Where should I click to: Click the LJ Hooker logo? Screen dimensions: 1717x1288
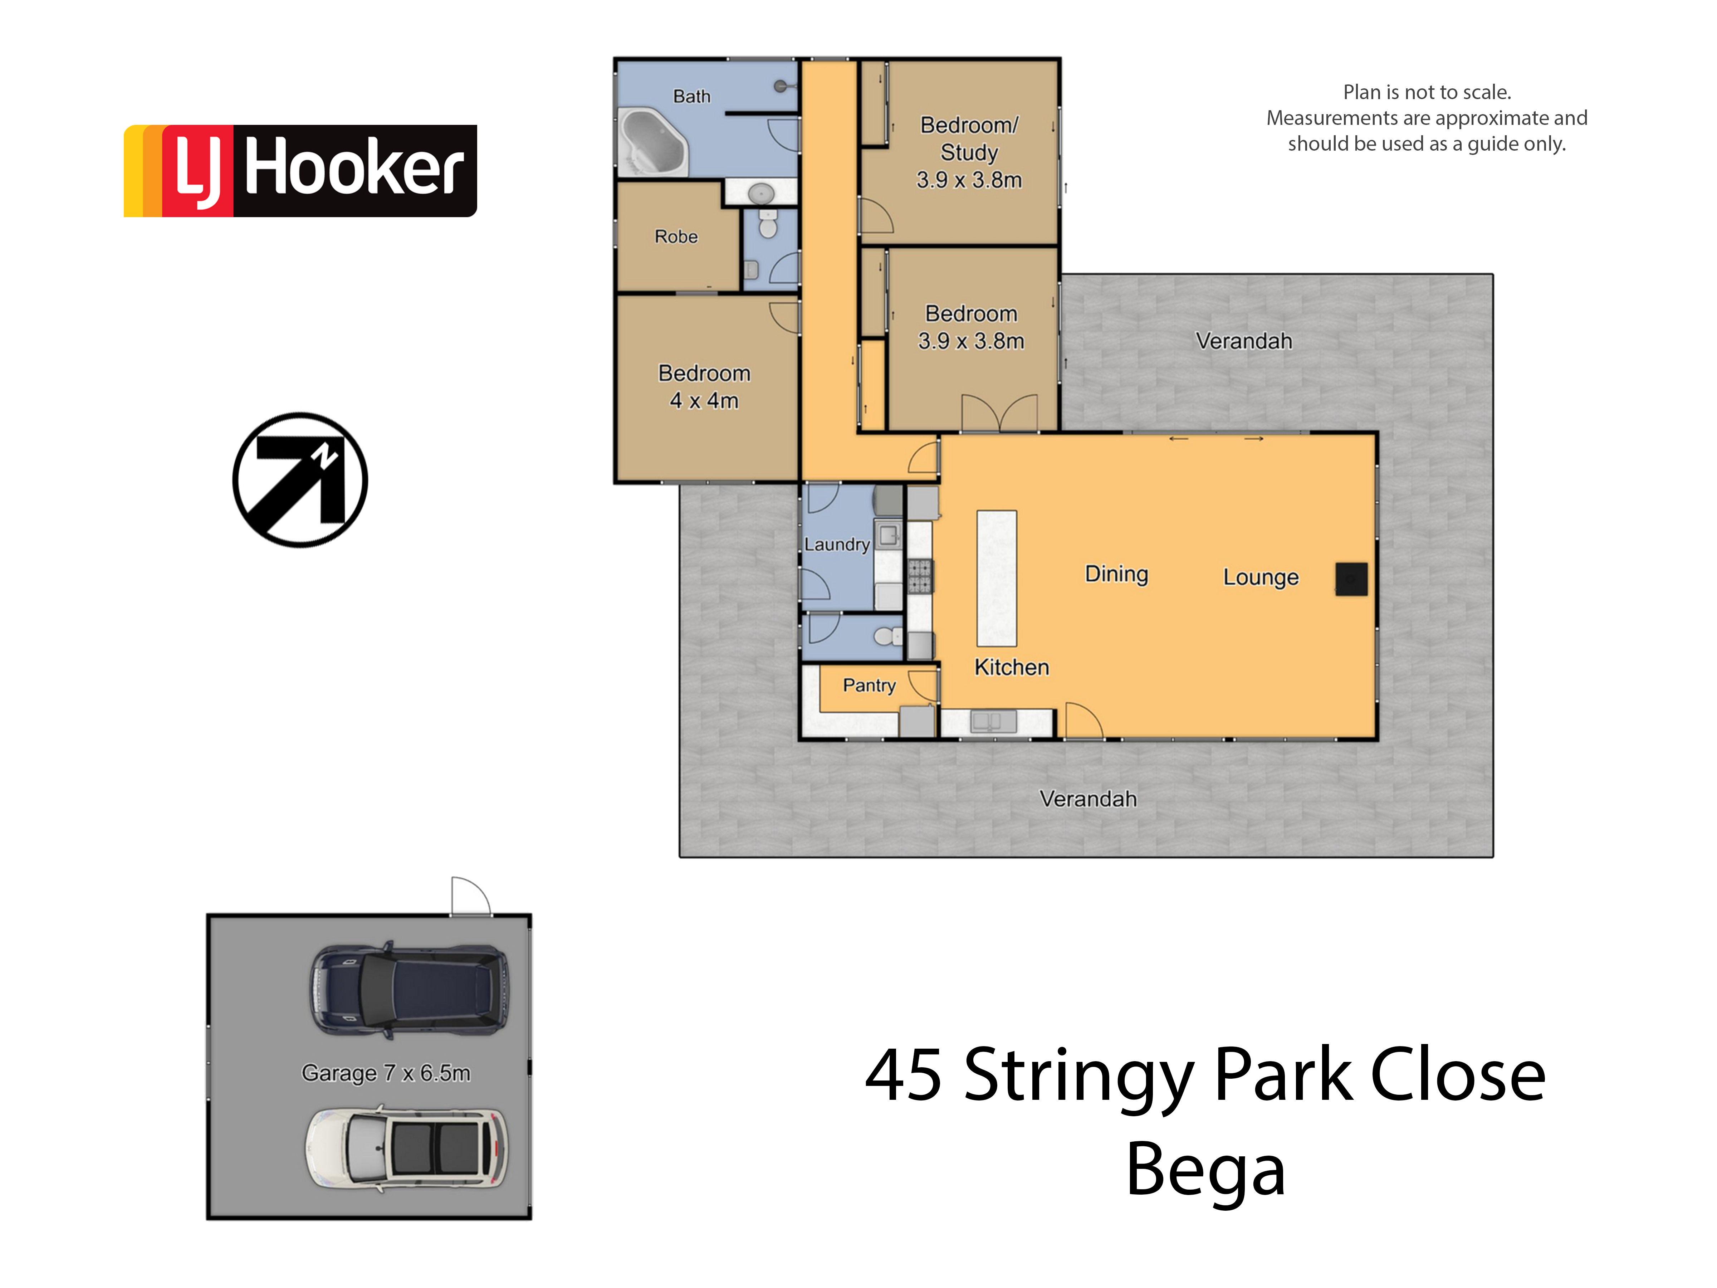pos(300,171)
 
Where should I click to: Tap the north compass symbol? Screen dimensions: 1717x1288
pos(300,480)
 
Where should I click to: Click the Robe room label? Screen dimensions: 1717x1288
pos(676,236)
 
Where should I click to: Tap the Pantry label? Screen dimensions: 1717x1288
pos(869,686)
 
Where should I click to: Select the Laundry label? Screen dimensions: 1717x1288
pos(837,544)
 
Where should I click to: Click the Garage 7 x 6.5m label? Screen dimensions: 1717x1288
pos(386,1073)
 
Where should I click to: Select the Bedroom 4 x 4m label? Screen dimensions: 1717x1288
pos(704,387)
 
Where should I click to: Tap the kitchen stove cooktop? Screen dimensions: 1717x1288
pos(920,576)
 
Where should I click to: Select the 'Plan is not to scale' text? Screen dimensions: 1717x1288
pos(1427,92)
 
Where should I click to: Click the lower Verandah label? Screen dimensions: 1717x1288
pos(1088,799)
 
